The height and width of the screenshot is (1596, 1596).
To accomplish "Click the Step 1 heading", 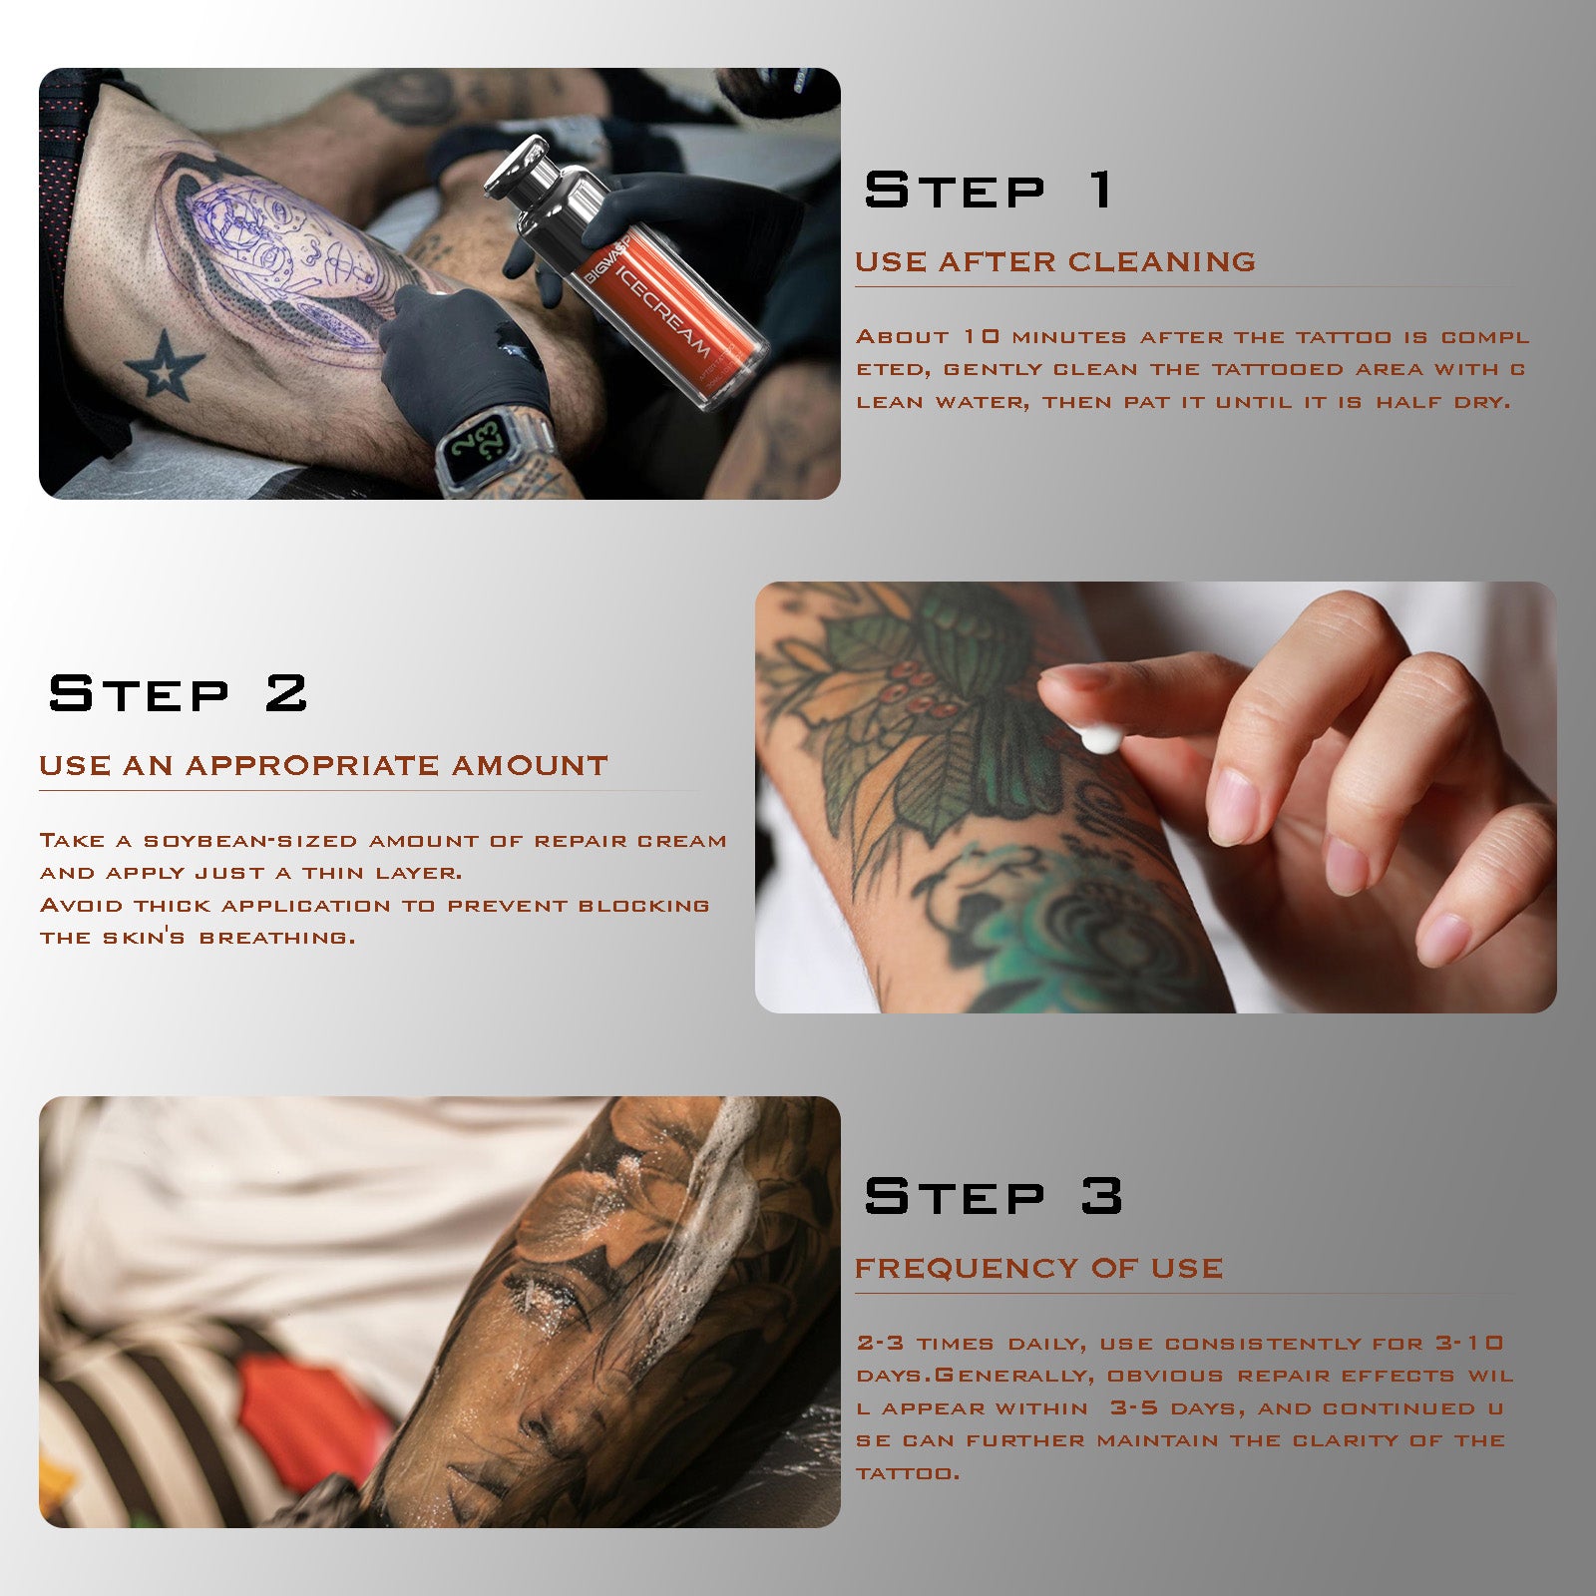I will [988, 190].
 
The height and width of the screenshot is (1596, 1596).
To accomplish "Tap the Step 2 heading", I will [178, 693].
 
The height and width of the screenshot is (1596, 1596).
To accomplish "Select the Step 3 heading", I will [993, 1195].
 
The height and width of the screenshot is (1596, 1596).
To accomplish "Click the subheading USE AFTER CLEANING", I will [1054, 261].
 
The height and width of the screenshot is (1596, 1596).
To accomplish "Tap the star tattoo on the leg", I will [165, 365].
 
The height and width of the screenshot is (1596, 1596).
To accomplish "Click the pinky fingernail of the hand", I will [1443, 938].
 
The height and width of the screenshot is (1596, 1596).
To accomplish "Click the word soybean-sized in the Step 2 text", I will [249, 841].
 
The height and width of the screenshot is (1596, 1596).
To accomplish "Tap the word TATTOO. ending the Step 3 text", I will [908, 1473].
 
